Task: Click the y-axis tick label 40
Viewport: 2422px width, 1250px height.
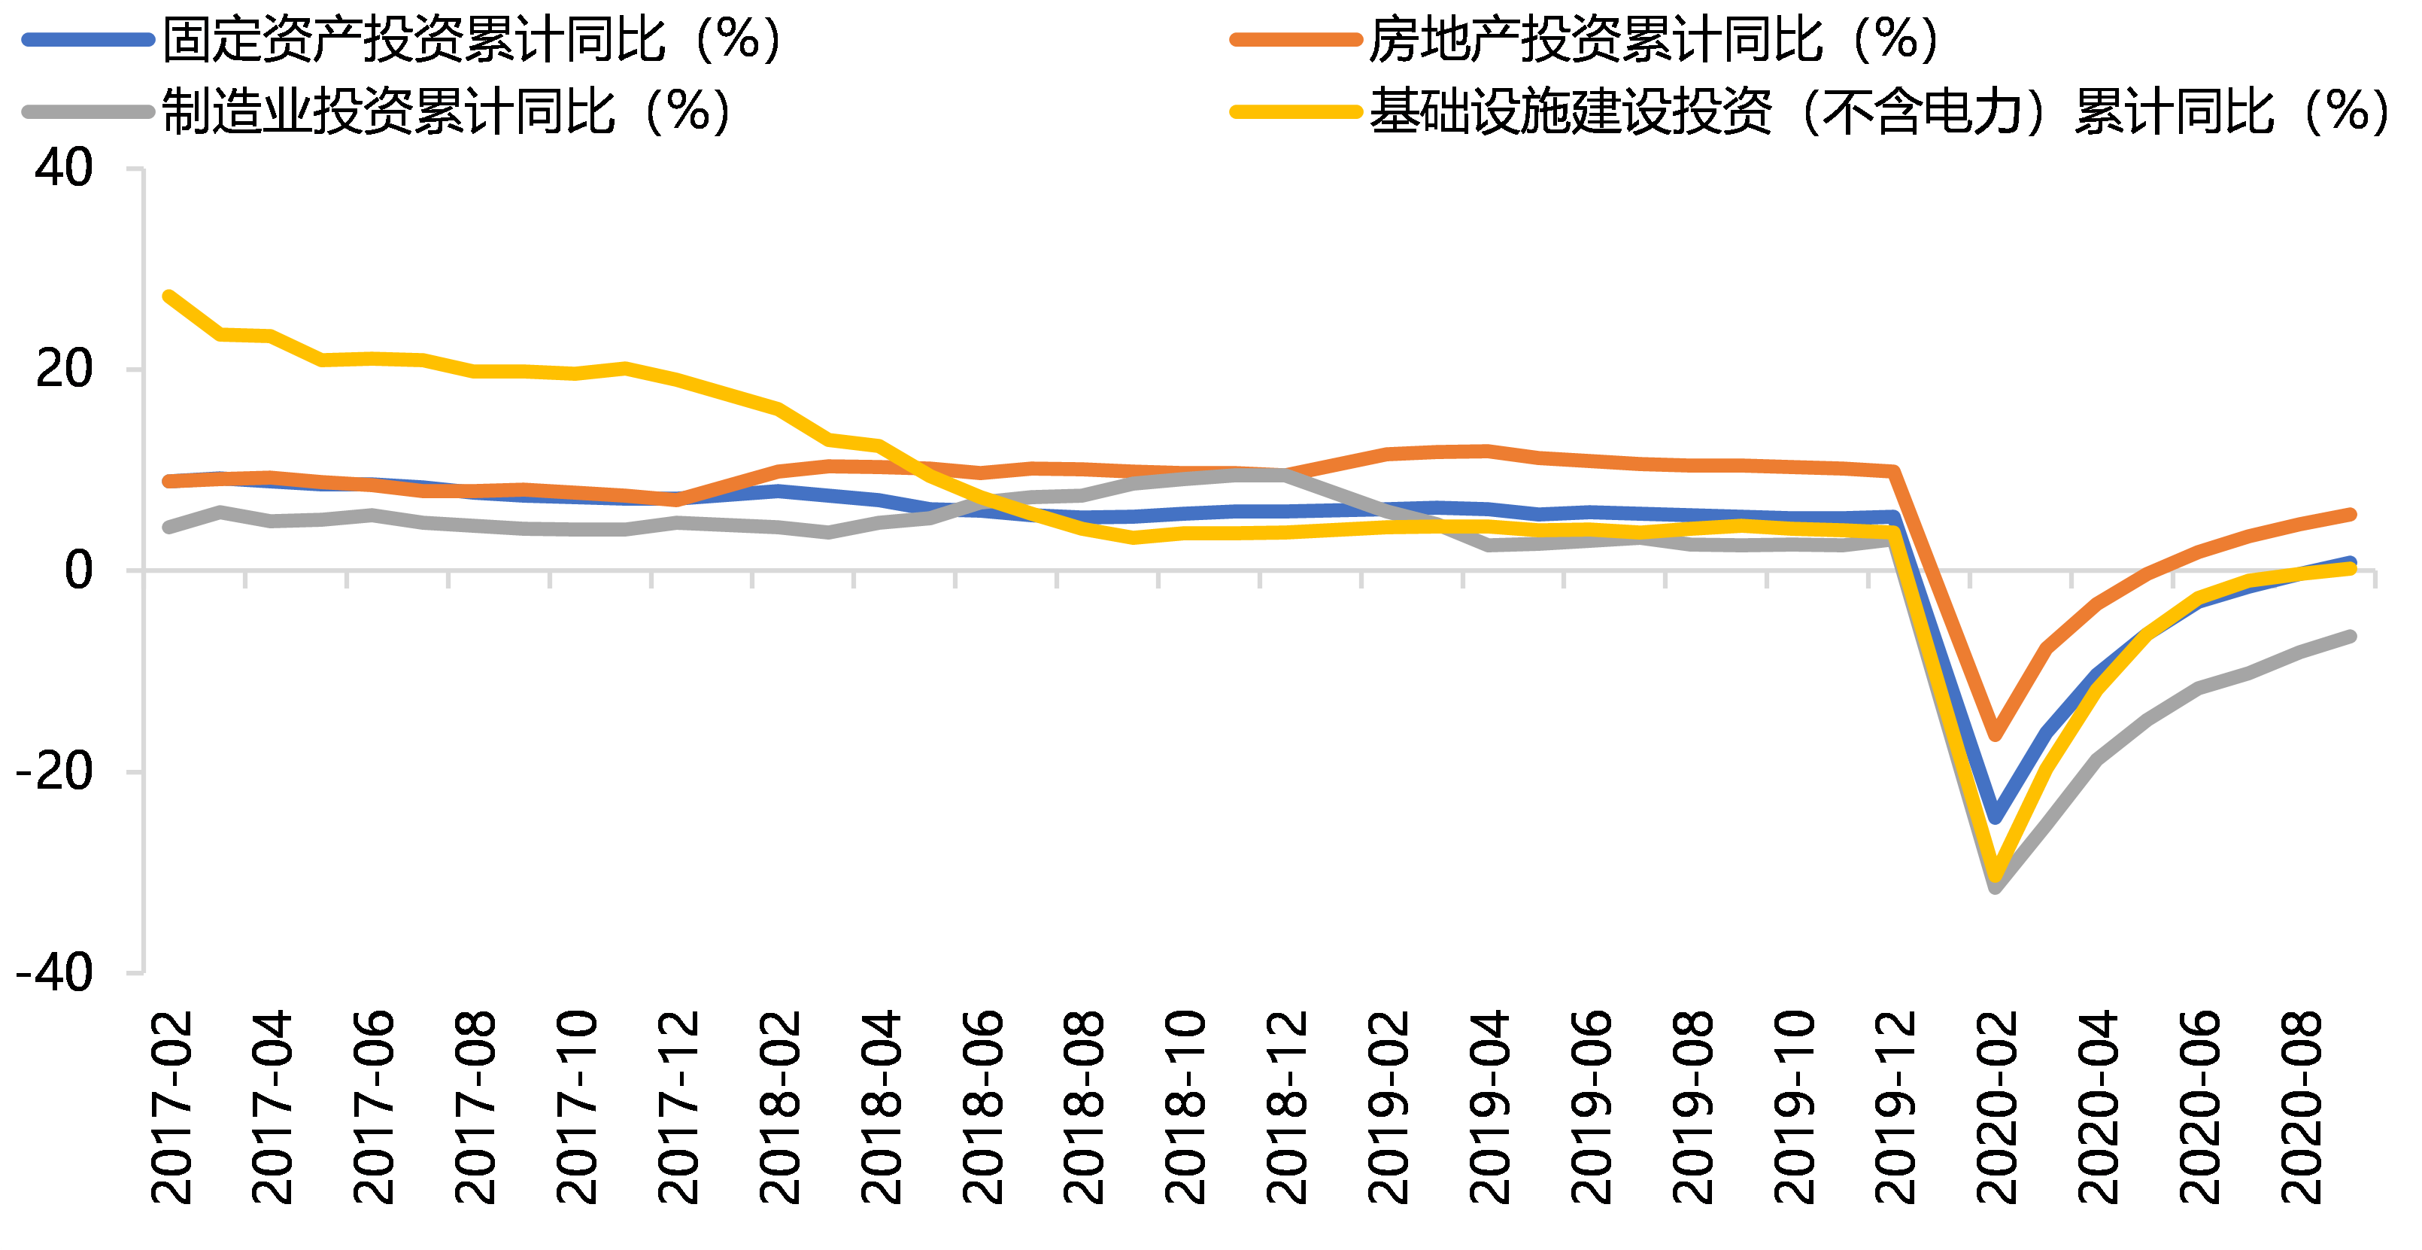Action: [x=63, y=169]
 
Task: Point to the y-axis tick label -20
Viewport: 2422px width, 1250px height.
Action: [x=53, y=772]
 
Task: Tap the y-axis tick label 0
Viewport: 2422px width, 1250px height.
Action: [x=78, y=570]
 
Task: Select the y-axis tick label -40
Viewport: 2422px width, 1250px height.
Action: [x=53, y=972]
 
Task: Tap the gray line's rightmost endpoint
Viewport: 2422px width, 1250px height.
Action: [x=2351, y=637]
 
